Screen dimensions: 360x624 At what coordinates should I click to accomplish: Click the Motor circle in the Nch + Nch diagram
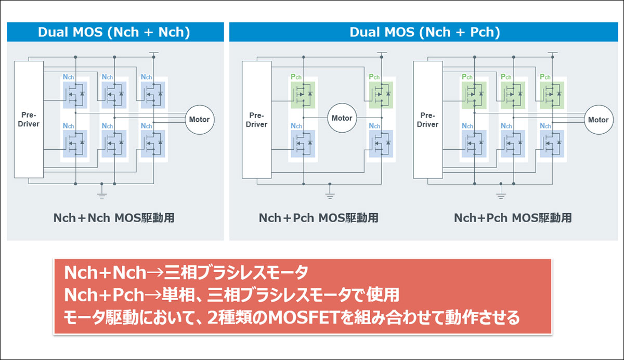coord(199,119)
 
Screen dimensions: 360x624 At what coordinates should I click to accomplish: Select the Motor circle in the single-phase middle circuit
coord(342,118)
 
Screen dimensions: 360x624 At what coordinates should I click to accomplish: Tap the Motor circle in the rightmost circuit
coord(597,120)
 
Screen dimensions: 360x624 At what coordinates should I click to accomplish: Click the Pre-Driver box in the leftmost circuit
coord(29,120)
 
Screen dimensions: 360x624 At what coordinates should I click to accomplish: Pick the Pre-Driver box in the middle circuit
coord(256,120)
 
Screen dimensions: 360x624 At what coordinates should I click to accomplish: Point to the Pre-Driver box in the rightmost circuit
coord(427,120)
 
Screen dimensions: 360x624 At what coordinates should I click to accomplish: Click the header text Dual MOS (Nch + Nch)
coord(114,32)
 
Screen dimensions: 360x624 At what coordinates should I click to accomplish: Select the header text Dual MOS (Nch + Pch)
coord(424,32)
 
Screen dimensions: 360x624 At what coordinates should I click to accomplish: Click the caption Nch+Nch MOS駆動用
coord(114,217)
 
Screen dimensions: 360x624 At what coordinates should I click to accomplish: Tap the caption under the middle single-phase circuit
coord(319,217)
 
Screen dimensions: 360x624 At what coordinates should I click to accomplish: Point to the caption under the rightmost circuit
coord(513,217)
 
